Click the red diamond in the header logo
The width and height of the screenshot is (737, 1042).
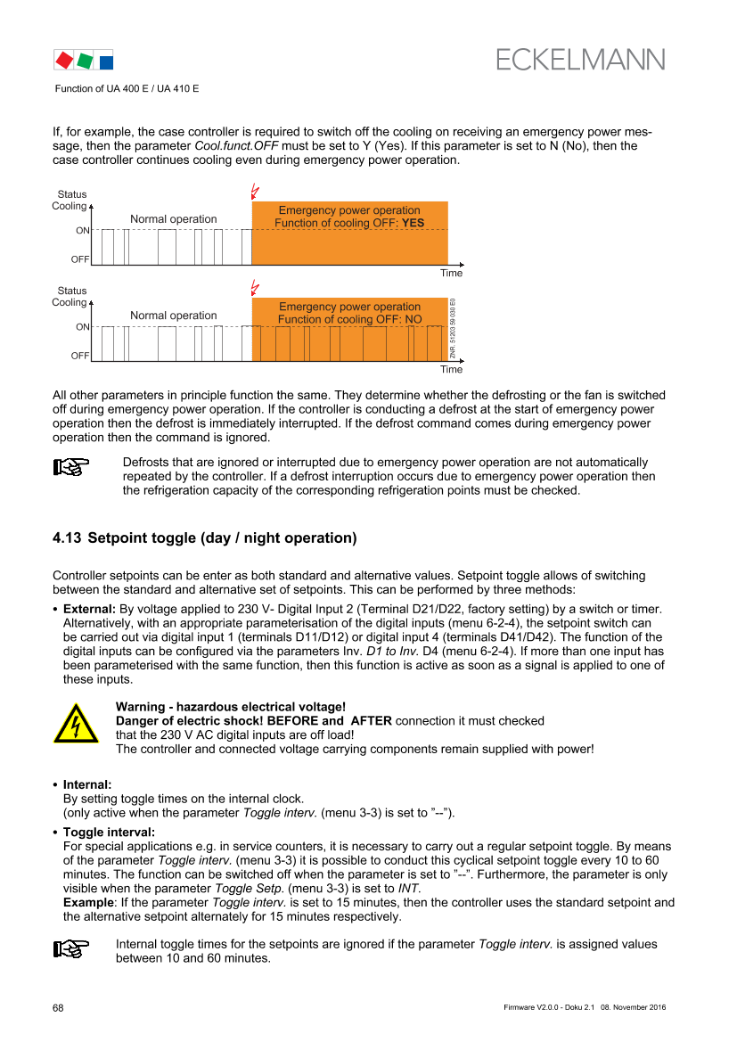(64, 61)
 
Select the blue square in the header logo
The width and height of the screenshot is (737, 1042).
(106, 62)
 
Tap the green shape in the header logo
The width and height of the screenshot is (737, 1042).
(85, 62)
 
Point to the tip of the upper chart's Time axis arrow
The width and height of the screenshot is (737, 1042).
(464, 265)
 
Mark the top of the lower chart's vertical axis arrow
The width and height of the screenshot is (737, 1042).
(91, 300)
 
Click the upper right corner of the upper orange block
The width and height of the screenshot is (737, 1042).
(448, 201)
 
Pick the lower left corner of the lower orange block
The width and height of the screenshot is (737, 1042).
(252, 361)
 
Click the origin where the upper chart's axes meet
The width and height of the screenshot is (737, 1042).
(91, 265)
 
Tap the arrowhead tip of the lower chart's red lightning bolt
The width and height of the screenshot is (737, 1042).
(253, 295)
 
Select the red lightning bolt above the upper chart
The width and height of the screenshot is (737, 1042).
(255, 192)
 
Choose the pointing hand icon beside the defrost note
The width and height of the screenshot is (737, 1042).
(71, 467)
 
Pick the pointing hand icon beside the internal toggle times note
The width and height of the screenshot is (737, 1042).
(71, 949)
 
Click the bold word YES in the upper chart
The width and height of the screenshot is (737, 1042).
(413, 223)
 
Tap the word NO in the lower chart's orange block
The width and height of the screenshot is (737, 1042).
(414, 320)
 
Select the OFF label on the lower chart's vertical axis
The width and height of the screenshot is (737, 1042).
(79, 356)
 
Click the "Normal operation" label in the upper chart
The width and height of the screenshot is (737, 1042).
(174, 219)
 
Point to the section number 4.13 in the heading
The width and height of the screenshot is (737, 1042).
(67, 537)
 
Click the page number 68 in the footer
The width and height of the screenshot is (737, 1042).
(59, 1008)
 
